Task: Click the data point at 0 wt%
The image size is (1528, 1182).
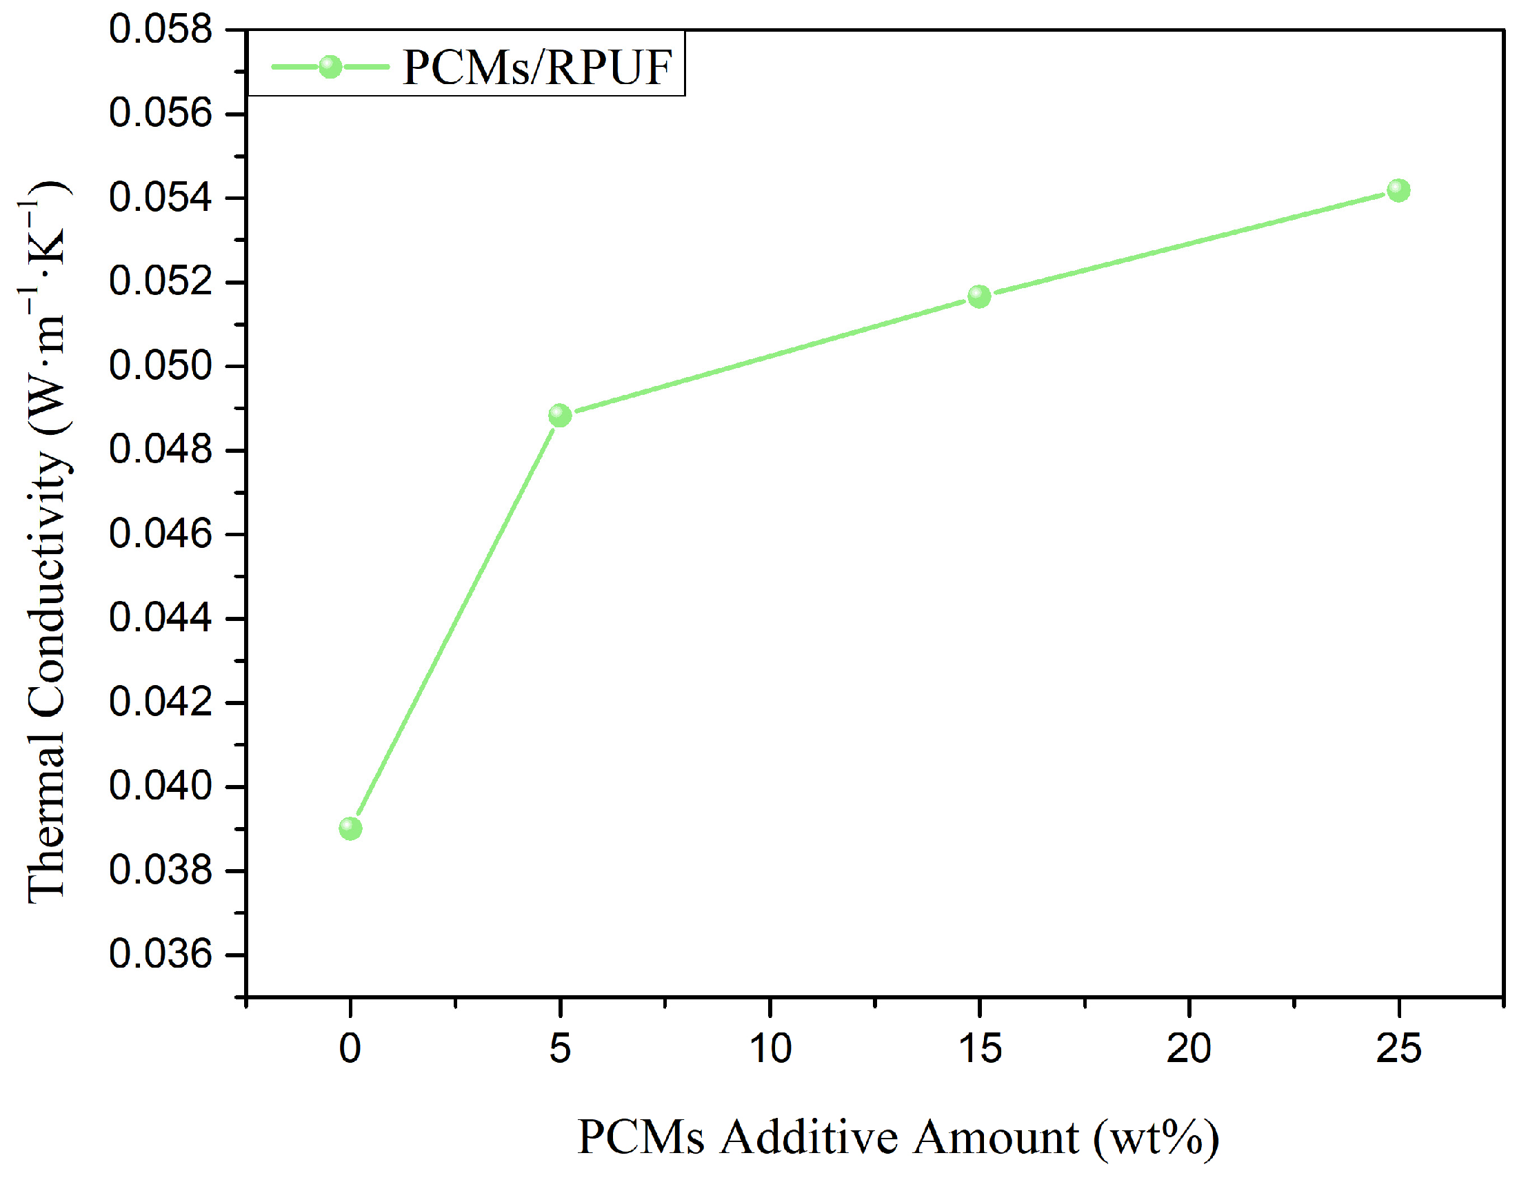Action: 350,829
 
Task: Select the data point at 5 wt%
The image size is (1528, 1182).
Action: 560,416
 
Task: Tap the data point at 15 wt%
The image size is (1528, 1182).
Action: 980,296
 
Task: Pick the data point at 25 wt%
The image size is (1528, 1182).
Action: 1398,190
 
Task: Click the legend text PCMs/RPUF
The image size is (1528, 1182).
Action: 537,68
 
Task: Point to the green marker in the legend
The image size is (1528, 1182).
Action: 330,67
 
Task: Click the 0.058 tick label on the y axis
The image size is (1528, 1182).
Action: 160,31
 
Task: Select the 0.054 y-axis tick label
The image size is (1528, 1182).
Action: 160,198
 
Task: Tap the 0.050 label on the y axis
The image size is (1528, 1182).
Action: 160,367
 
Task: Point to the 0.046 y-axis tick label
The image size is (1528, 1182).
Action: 160,534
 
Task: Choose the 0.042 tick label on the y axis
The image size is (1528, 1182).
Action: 160,702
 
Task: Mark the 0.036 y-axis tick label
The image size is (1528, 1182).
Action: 160,955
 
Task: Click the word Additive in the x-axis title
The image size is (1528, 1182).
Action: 810,1137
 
